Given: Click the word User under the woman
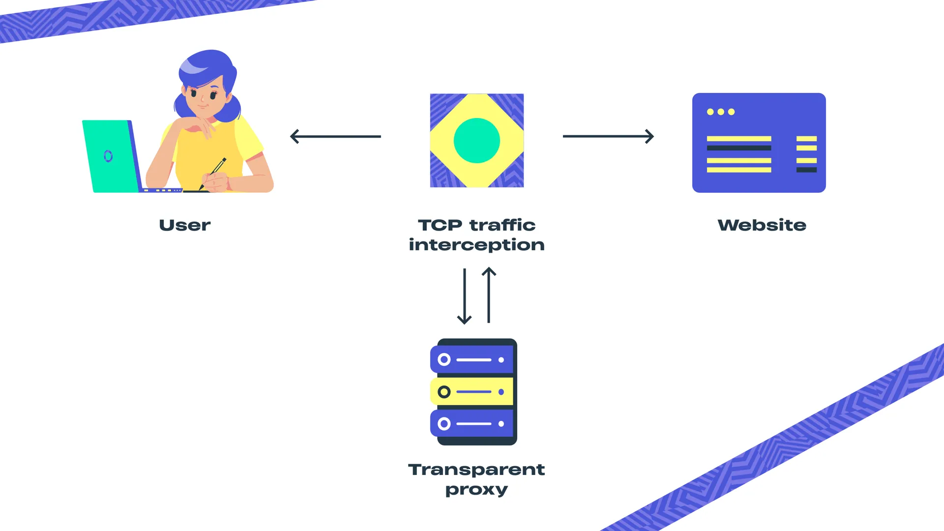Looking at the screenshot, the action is pos(184,225).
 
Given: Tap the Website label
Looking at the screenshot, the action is pos(762,225).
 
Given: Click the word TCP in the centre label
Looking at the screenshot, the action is pos(440,225).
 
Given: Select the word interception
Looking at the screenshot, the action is pos(476,245).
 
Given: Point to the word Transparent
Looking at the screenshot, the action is pos(476,469).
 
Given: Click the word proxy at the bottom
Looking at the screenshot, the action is pos(476,490).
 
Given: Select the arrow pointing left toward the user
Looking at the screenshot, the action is pos(335,136).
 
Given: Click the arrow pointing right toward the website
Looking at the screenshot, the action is pos(608,136).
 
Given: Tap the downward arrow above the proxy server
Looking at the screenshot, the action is pos(464,296).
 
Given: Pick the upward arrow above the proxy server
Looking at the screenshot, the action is pos(489,295).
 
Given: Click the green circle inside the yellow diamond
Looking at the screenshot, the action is pos(476,141).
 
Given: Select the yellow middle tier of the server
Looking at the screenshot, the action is pos(472,392).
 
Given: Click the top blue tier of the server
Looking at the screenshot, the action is pos(472,359).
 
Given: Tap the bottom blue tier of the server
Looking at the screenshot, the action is pos(472,423).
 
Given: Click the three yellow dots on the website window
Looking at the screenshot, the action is pos(721,112).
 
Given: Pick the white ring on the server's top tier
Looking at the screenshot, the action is pos(444,359).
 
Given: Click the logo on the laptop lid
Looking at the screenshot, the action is pos(108,156).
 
